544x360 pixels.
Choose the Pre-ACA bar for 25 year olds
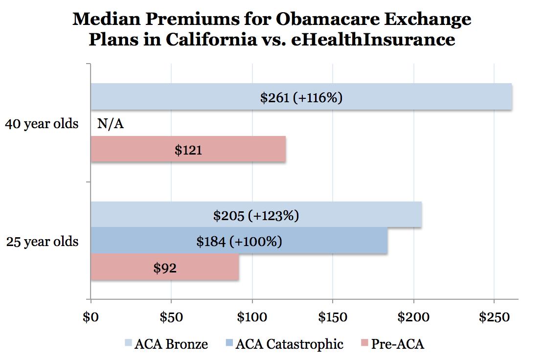pos(205,268)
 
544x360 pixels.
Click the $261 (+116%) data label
pos(301,97)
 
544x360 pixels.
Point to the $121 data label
pos(188,150)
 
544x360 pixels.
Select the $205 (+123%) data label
pos(256,215)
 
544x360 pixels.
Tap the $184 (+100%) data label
pos(239,241)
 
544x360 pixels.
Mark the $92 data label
pos(165,268)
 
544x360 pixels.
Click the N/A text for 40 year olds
pos(111,124)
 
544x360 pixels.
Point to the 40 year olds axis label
pos(42,124)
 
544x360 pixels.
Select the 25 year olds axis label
pos(42,241)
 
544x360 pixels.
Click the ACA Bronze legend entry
pos(167,344)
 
